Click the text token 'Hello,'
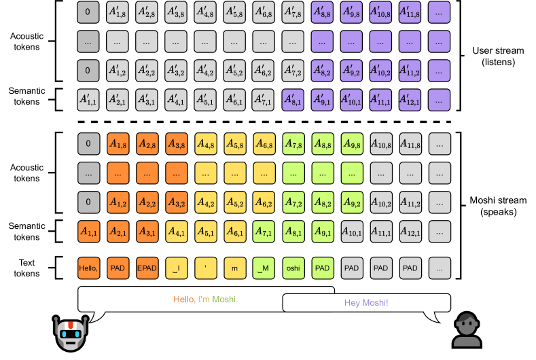click(88, 268)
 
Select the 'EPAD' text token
click(147, 268)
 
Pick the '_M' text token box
click(264, 268)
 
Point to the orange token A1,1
click(88, 232)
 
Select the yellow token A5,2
click(234, 202)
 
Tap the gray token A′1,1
click(88, 100)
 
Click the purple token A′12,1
click(410, 100)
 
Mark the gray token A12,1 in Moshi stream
click(410, 232)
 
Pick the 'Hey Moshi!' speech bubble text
click(366, 302)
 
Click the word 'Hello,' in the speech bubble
click(185, 298)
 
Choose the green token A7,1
click(264, 232)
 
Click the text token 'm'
click(234, 268)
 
